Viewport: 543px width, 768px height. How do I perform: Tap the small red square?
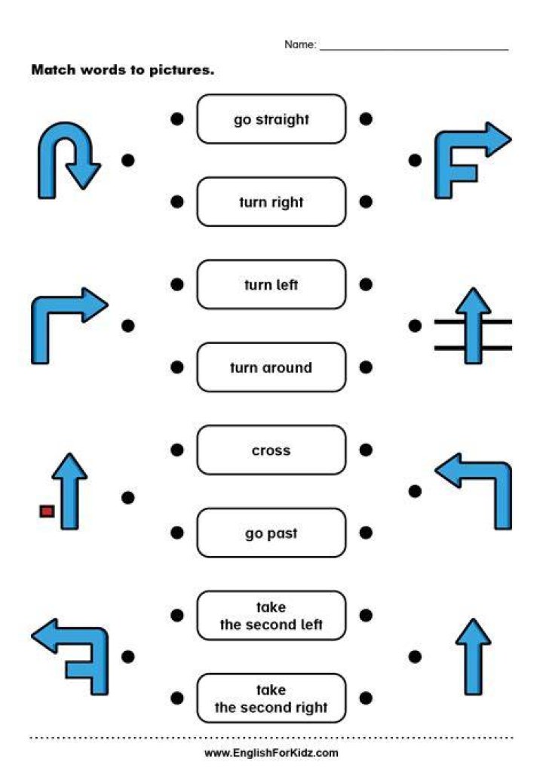(x=47, y=511)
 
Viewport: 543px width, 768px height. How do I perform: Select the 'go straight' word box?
(x=271, y=119)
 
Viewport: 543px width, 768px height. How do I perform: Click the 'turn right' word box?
(x=271, y=201)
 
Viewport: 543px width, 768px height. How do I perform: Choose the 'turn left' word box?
(x=271, y=284)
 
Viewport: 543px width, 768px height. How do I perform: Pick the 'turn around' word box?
(x=271, y=367)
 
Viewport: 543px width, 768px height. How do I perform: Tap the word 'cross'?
(x=271, y=450)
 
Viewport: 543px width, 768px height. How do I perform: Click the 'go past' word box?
(x=271, y=533)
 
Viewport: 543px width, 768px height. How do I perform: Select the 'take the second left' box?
(x=271, y=616)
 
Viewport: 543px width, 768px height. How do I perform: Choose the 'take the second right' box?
(x=271, y=699)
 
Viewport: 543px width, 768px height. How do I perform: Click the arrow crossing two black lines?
(x=473, y=326)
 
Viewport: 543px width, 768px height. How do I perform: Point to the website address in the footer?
(x=271, y=753)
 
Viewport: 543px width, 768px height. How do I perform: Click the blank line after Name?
(x=414, y=49)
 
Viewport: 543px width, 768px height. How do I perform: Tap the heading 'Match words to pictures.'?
(x=123, y=70)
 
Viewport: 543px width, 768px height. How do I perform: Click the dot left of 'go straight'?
(x=177, y=119)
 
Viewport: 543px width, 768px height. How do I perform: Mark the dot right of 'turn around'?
(x=366, y=367)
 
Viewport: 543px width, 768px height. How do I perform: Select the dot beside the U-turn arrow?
(x=127, y=160)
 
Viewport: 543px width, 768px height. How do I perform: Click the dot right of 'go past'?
(x=366, y=533)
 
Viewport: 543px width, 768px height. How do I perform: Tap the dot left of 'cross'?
(x=177, y=450)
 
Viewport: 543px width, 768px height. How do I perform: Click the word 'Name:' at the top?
(x=300, y=45)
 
